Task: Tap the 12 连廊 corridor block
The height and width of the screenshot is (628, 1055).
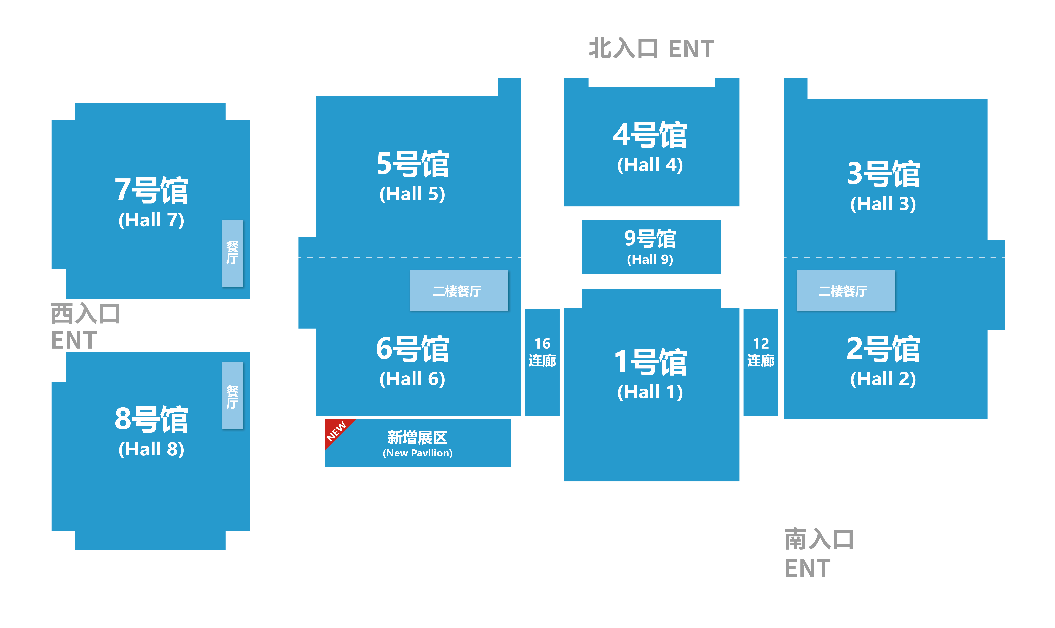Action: click(x=761, y=362)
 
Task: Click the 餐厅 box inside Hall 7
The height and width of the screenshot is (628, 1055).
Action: click(x=232, y=253)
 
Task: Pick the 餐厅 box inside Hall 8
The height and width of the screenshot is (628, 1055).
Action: click(x=232, y=396)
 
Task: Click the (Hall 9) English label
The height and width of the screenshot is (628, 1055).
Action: click(x=650, y=259)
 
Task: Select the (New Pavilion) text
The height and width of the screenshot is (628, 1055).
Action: click(x=418, y=453)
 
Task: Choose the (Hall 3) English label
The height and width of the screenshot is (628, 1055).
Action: click(x=883, y=204)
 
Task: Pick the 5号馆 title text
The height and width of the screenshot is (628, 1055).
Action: click(x=413, y=164)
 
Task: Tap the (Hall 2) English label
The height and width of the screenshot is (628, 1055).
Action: click(x=883, y=379)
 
